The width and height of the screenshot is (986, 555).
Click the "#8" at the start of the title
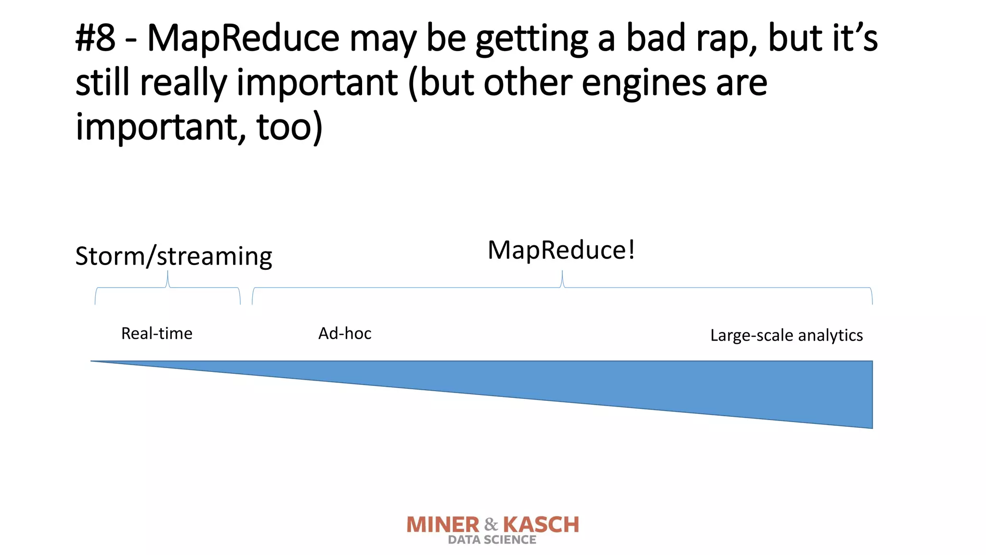[95, 39]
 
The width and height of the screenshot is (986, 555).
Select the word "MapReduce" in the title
[243, 39]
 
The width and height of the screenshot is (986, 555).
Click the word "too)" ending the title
[289, 127]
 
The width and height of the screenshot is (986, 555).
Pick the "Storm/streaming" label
[173, 256]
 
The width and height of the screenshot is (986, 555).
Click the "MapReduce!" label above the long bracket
[561, 250]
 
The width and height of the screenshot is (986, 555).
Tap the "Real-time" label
[156, 333]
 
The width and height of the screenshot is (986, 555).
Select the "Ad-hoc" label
[345, 333]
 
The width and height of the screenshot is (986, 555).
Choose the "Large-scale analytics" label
[786, 335]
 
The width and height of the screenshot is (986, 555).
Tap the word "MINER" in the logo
[443, 525]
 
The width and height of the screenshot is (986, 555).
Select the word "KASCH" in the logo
[541, 525]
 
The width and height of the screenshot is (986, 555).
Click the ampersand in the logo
[491, 524]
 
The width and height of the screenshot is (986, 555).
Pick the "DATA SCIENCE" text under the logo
[492, 540]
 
